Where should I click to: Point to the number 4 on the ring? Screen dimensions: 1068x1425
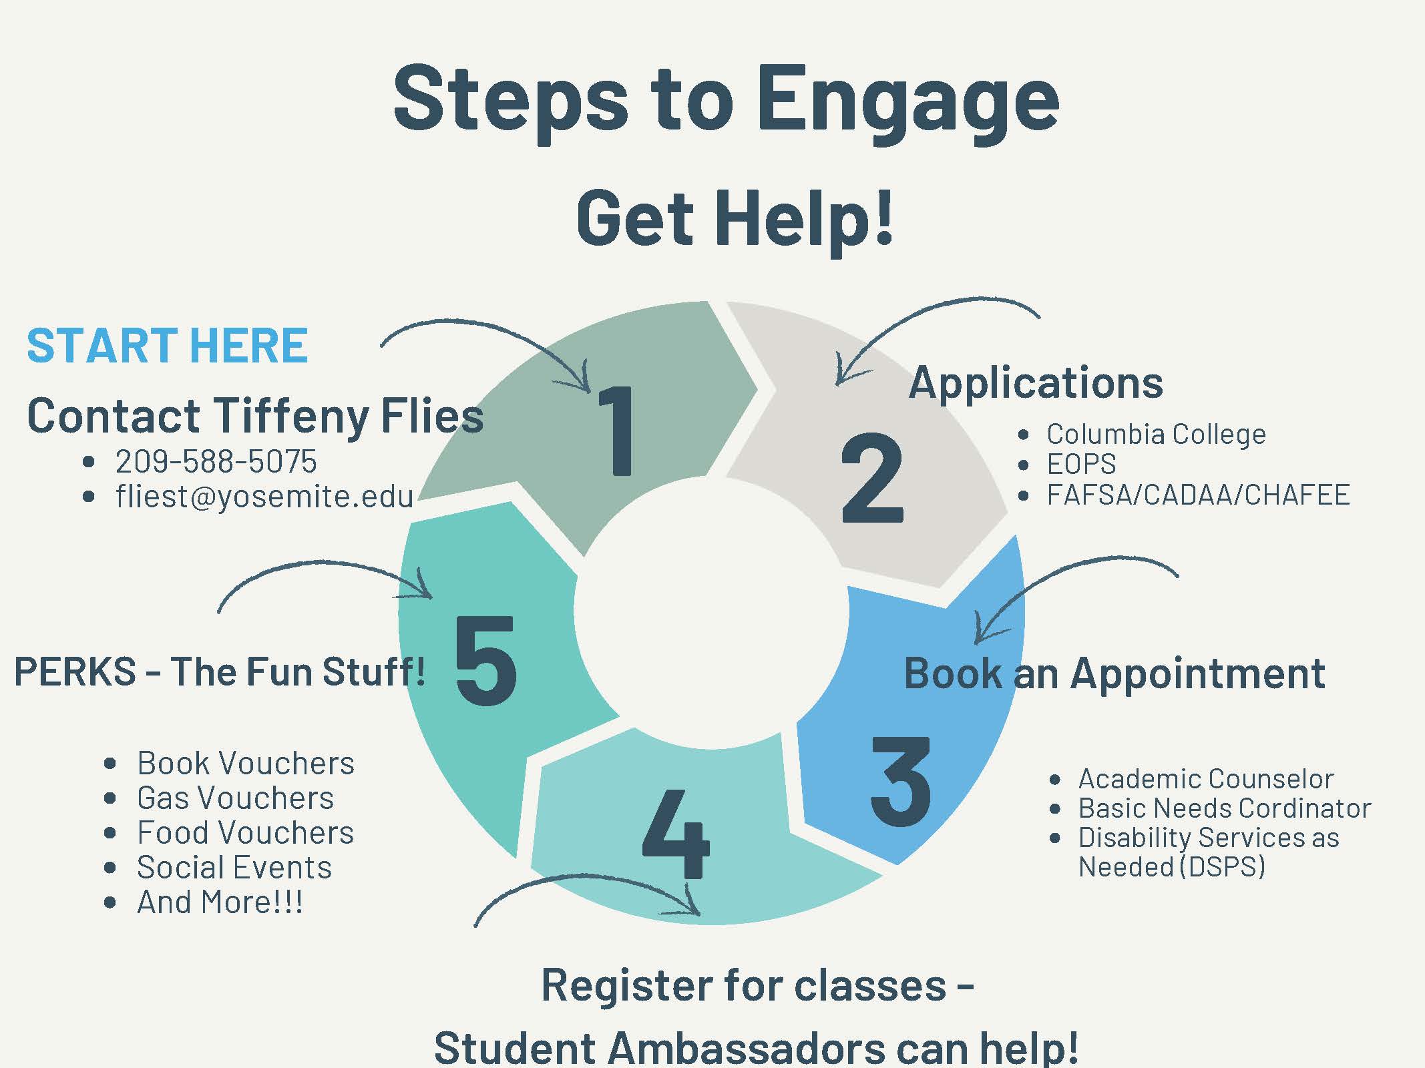pos(675,834)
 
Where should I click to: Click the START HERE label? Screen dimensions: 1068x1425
pos(167,346)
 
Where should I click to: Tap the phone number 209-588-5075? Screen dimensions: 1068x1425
pos(216,461)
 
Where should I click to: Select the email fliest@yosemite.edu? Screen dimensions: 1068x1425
pos(264,496)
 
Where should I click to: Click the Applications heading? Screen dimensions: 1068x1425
pos(1036,382)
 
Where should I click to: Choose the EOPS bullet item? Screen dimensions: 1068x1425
pos(1081,464)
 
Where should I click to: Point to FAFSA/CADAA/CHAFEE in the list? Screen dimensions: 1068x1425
pos(1198,495)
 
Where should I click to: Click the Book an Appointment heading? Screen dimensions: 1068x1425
pos(1114,673)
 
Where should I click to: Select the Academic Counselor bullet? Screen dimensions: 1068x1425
pos(1205,778)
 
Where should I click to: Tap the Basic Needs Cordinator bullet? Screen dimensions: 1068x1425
pos(1224,808)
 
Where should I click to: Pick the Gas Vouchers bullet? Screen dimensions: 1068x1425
pos(235,798)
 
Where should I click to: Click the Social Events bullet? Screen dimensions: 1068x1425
pos(234,867)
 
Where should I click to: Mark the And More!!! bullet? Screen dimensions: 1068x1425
pos(220,902)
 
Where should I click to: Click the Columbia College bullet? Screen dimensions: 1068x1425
pos(1156,434)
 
